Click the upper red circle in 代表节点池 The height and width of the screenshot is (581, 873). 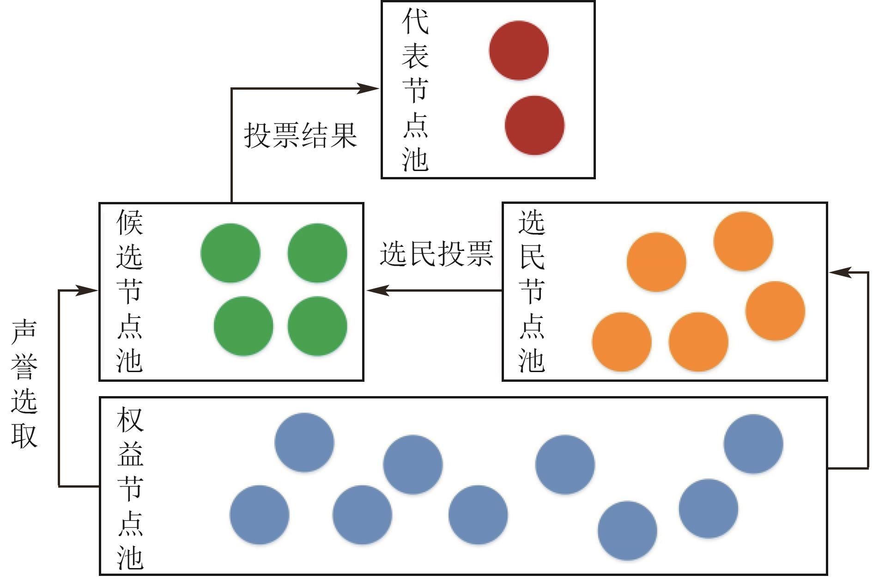[x=519, y=50]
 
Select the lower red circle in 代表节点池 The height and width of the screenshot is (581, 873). [x=534, y=125]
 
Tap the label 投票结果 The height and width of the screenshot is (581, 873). [x=300, y=135]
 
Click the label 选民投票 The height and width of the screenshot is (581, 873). [x=436, y=254]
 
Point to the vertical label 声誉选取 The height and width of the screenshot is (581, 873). [x=24, y=383]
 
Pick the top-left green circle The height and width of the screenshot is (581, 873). [x=230, y=253]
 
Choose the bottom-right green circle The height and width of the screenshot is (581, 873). [x=317, y=326]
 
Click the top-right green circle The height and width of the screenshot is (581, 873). [x=317, y=253]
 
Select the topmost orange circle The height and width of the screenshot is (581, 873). [x=743, y=241]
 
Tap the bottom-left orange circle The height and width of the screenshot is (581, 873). [x=622, y=342]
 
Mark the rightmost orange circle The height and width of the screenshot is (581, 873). [x=775, y=311]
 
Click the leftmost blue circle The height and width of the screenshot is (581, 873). [x=259, y=514]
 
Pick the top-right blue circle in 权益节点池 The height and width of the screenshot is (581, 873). [x=753, y=444]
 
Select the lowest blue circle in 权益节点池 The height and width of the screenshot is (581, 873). [x=627, y=531]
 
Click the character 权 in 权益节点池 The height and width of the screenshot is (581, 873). [x=130, y=419]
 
